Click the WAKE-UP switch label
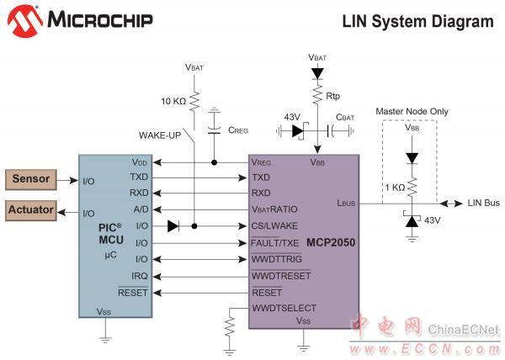pyautogui.click(x=159, y=135)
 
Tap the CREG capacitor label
pyautogui.click(x=237, y=130)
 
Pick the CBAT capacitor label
pyautogui.click(x=347, y=117)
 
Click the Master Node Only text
pyautogui.click(x=412, y=111)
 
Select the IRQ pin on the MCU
pyautogui.click(x=140, y=276)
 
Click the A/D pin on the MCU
pyautogui.click(x=140, y=209)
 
